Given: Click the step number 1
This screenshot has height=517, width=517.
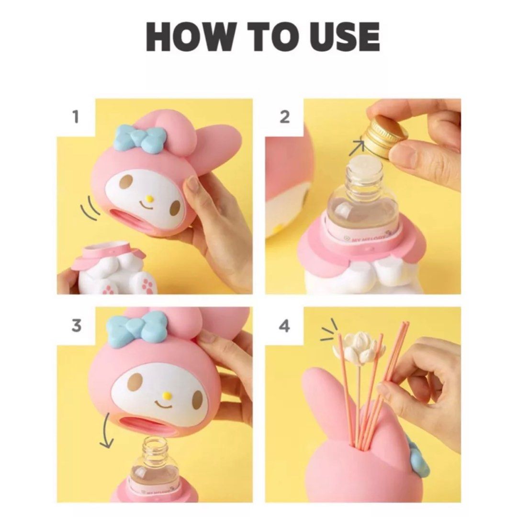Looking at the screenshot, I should point(76,117).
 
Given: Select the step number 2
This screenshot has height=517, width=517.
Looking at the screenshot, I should point(284,116).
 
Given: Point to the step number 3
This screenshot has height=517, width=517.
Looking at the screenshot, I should point(76,326).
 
